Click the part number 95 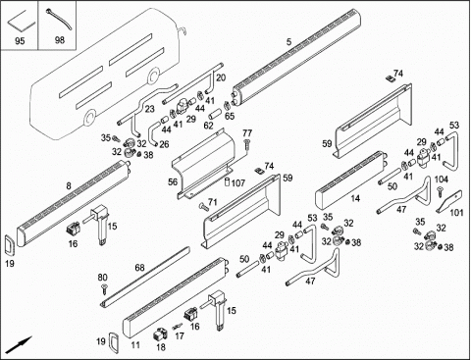[x=20, y=41]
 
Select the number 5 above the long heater [x=288, y=42]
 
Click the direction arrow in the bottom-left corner [x=20, y=344]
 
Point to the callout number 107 [x=238, y=182]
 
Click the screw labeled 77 [x=246, y=144]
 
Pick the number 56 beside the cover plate [x=173, y=181]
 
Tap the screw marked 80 [x=105, y=288]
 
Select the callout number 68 [x=139, y=268]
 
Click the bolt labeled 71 [x=203, y=206]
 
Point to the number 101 [x=456, y=213]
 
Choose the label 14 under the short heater [x=355, y=198]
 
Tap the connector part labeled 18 [x=160, y=334]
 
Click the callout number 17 [x=180, y=335]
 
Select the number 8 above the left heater [x=69, y=186]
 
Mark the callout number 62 [x=208, y=126]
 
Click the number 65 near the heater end [x=230, y=116]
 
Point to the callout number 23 [x=149, y=109]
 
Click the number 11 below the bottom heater [x=135, y=345]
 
